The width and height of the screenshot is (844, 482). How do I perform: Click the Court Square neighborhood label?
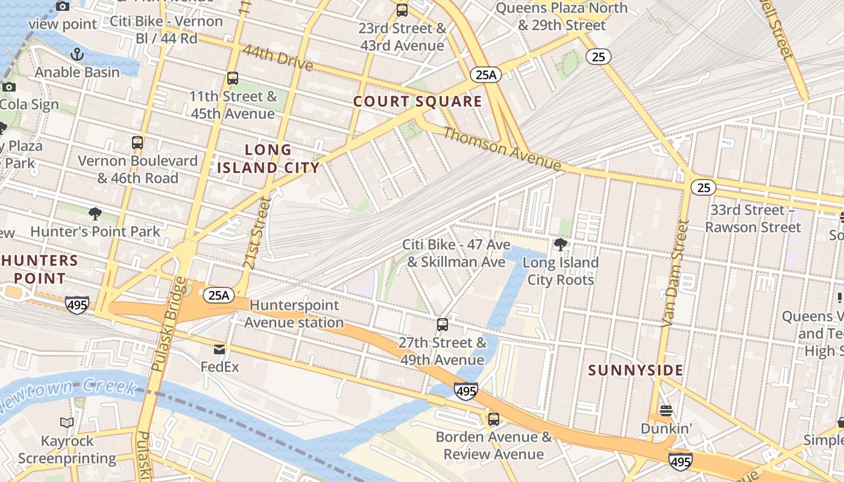pyautogui.click(x=418, y=101)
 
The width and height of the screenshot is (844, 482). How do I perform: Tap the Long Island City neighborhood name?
pyautogui.click(x=268, y=158)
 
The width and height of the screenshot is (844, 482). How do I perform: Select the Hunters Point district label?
pyautogui.click(x=39, y=269)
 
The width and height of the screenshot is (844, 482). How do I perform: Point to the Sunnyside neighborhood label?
pyautogui.click(x=636, y=370)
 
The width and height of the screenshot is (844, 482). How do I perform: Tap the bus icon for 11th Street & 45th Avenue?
pyautogui.click(x=233, y=78)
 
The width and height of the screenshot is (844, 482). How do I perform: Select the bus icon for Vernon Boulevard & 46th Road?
pyautogui.click(x=137, y=143)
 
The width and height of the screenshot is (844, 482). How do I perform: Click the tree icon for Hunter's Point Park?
pyautogui.click(x=95, y=213)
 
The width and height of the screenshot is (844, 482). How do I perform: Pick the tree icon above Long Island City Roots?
pyautogui.click(x=561, y=245)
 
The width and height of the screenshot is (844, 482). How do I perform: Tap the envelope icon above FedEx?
pyautogui.click(x=219, y=349)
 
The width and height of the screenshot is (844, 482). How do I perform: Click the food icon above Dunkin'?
pyautogui.click(x=666, y=411)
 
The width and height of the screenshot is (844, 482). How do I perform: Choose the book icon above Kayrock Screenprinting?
pyautogui.click(x=67, y=423)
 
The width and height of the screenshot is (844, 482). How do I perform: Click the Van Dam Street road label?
pyautogui.click(x=674, y=274)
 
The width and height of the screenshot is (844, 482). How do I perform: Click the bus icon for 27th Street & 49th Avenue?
pyautogui.click(x=442, y=325)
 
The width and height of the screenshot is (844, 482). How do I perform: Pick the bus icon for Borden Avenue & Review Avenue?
pyautogui.click(x=494, y=419)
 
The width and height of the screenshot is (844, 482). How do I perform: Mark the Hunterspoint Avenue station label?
pyautogui.click(x=294, y=314)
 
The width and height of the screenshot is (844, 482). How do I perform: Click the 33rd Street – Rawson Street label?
pyautogui.click(x=753, y=219)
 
